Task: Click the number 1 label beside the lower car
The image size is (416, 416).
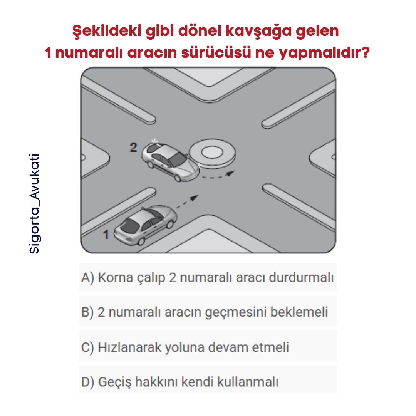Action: [106, 234]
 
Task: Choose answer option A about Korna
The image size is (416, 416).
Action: [208, 277]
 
